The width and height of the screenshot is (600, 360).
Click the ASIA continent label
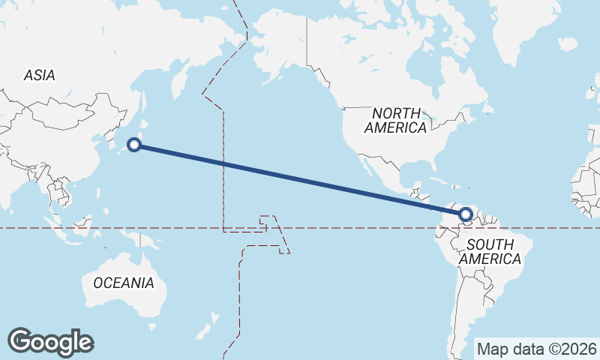[x=39, y=75]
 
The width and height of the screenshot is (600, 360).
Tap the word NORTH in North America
[x=395, y=112]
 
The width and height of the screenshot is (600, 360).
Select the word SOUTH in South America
[x=490, y=244]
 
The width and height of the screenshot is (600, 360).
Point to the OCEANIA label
[x=124, y=283]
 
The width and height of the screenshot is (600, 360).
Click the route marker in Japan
[x=134, y=145]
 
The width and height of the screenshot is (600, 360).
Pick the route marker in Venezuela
[x=466, y=215]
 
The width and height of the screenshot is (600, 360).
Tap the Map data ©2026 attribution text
[x=537, y=349]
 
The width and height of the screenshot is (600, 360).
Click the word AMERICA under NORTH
[x=395, y=127]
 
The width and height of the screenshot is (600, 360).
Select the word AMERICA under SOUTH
[x=490, y=259]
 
